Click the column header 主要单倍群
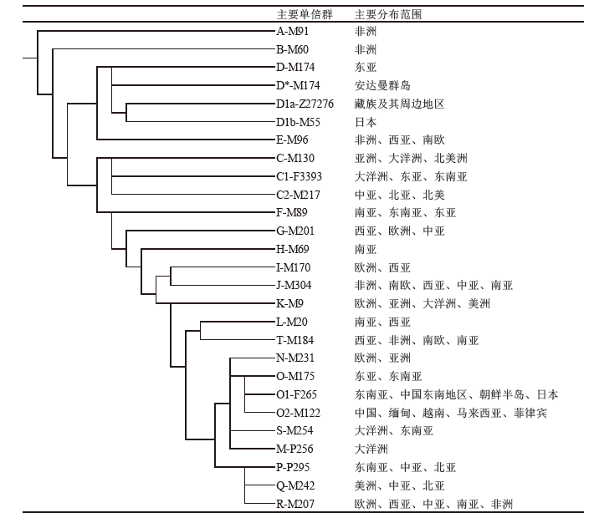305,14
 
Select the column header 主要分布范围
388,14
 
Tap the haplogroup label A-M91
292,31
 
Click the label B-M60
292,49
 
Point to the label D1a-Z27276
305,104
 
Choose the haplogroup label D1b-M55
298,122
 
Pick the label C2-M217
298,195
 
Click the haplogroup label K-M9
289,303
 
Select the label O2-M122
298,413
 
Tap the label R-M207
295,504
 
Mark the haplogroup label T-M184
294,340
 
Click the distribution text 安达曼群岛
382,85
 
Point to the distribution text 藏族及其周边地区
399,104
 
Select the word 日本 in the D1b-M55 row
366,122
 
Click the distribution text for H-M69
366,250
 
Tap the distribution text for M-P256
371,449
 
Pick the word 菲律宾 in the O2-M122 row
530,413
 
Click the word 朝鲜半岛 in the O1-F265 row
501,394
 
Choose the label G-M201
294,231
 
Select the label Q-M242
295,485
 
